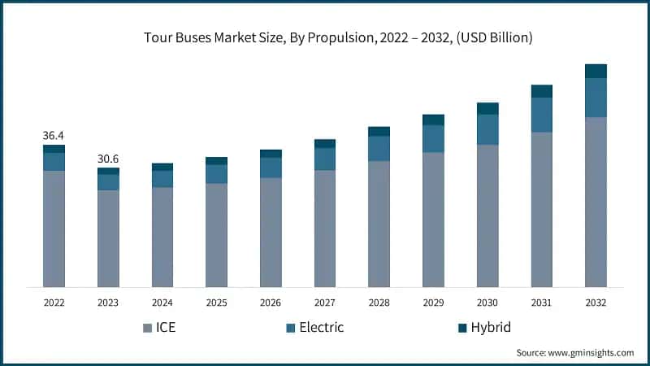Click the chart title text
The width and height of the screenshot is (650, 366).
(325, 37)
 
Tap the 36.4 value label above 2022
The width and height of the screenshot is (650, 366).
(54, 135)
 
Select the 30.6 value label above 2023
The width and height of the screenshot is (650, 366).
(108, 158)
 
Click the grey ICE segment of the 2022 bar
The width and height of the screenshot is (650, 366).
(54, 228)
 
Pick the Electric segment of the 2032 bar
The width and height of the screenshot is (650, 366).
(596, 98)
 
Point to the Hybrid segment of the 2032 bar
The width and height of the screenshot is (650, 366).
(596, 71)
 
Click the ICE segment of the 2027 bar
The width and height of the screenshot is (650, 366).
(325, 228)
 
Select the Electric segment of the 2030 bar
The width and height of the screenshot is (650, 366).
(487, 129)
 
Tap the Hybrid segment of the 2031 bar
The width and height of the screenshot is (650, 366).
(541, 91)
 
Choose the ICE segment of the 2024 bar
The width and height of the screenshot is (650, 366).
(162, 237)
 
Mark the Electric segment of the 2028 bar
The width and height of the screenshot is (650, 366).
(379, 148)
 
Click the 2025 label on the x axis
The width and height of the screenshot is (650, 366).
(216, 302)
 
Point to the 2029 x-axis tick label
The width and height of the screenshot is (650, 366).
(433, 302)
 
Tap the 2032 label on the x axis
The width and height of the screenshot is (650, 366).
(596, 302)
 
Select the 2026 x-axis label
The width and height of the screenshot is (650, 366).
(271, 302)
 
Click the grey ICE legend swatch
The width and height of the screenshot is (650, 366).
(147, 328)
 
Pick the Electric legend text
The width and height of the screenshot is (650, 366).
(322, 328)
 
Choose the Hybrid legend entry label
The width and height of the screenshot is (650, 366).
(492, 328)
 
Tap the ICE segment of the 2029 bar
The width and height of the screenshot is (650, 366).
(433, 219)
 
